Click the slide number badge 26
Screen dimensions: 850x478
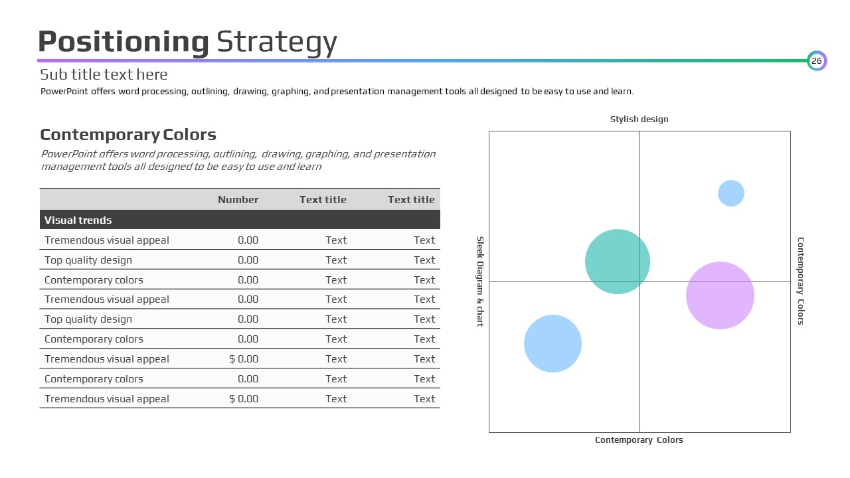tap(817, 60)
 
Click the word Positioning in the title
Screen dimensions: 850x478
tap(124, 42)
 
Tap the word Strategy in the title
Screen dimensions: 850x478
tap(277, 42)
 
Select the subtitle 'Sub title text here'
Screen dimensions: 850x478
tap(104, 75)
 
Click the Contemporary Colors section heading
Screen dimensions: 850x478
tap(128, 135)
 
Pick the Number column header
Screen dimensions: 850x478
tap(238, 200)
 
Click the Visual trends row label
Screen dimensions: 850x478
tap(78, 220)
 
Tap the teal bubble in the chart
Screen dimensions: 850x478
tap(618, 262)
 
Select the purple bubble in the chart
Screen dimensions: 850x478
tap(720, 295)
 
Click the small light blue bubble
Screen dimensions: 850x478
tap(731, 193)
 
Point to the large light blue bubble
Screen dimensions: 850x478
tap(552, 343)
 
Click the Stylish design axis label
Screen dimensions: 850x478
tap(639, 119)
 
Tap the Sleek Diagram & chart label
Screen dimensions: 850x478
tap(480, 281)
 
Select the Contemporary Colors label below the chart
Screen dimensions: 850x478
tap(639, 440)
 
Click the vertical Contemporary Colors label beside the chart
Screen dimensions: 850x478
tap(801, 281)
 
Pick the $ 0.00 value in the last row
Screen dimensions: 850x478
tap(244, 399)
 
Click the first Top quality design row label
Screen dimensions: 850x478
tap(88, 260)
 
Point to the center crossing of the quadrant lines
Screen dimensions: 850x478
tap(639, 281)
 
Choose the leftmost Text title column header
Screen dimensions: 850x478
tap(323, 200)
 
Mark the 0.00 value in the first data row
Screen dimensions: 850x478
tap(248, 240)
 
